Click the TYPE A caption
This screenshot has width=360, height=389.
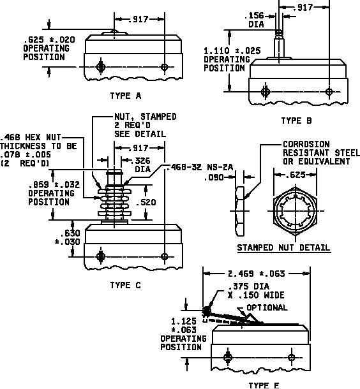(126, 96)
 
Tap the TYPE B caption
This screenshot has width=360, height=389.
(296, 121)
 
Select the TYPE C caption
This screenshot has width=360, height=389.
(126, 285)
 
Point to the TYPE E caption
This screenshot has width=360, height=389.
(264, 385)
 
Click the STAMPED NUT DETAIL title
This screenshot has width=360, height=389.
(284, 247)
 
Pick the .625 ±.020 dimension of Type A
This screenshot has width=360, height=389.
(49, 40)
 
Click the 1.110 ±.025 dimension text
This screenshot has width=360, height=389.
(232, 51)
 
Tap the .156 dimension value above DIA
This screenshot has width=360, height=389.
(254, 16)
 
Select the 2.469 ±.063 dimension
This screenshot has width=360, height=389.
(256, 274)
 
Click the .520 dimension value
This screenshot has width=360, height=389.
(146, 202)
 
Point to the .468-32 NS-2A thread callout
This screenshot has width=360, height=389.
(200, 167)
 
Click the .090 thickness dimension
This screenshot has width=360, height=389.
(214, 178)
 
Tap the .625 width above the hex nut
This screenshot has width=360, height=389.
(295, 175)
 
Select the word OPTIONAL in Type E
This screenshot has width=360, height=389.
(267, 307)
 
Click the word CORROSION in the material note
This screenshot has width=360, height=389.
(306, 144)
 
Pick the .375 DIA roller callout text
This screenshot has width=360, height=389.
(248, 286)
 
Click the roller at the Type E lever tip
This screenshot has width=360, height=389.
(206, 311)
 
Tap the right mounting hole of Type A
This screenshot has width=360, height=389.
(164, 67)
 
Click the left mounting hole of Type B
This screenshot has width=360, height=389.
(266, 92)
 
